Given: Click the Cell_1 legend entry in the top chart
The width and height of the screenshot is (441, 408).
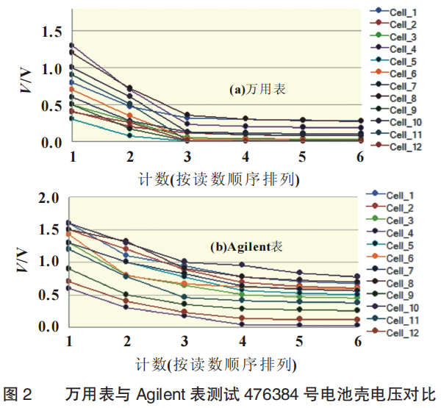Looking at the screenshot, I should [401, 12].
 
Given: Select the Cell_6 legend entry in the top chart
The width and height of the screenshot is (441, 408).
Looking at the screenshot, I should [401, 74].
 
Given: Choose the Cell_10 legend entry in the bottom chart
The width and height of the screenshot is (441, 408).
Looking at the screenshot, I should [401, 307].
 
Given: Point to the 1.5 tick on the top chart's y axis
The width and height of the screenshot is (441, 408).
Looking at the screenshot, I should [53, 31].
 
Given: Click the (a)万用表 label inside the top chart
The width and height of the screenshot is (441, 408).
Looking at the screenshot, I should [257, 90].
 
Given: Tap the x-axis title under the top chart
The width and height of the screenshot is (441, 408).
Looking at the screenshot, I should [218, 179].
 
